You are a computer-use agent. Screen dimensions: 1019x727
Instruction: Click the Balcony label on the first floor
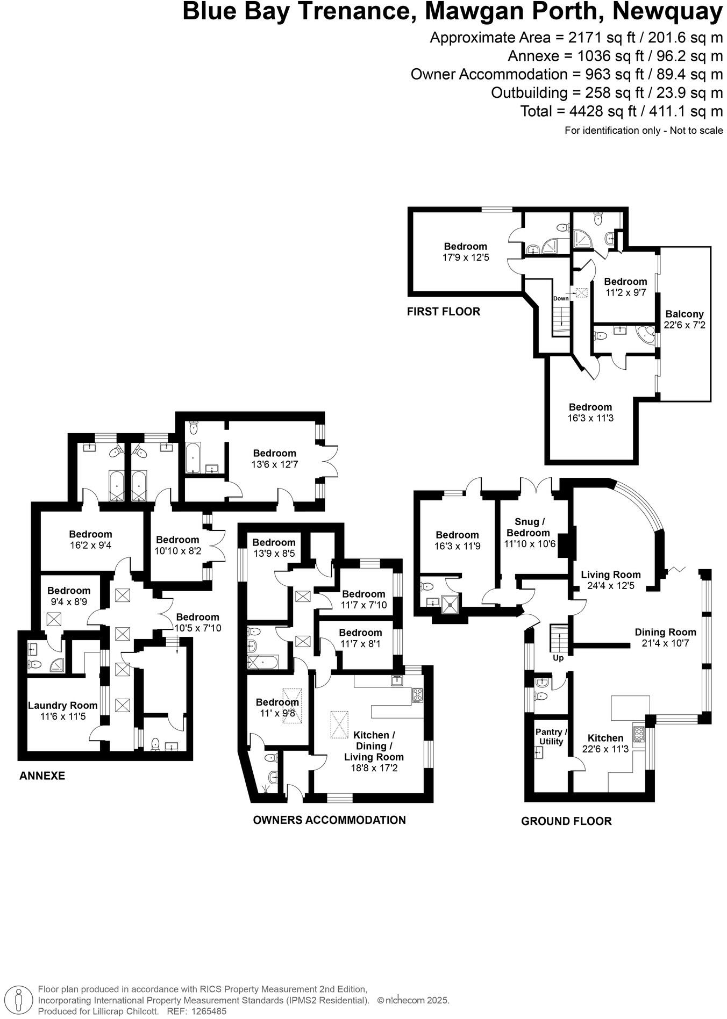pyautogui.click(x=684, y=314)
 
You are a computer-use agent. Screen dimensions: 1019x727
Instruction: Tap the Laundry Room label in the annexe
pyautogui.click(x=62, y=705)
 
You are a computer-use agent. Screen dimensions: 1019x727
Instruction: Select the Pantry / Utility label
pyautogui.click(x=551, y=736)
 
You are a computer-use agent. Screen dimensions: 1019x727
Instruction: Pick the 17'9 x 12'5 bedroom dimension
pyautogui.click(x=465, y=257)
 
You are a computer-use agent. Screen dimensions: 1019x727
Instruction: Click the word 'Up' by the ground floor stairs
pyautogui.click(x=558, y=658)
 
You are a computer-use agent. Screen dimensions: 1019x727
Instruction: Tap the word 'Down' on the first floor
pyautogui.click(x=561, y=298)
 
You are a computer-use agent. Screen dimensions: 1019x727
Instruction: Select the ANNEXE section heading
pyautogui.click(x=42, y=776)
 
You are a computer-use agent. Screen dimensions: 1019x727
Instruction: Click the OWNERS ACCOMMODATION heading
pyautogui.click(x=329, y=820)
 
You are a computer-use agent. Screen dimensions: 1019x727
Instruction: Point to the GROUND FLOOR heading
pyautogui.click(x=566, y=821)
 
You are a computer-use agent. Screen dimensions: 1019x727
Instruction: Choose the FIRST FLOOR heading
pyautogui.click(x=443, y=311)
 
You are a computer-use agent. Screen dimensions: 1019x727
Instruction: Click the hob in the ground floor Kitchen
pyautogui.click(x=639, y=734)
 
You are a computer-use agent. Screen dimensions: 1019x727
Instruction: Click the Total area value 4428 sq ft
pyautogui.click(x=588, y=111)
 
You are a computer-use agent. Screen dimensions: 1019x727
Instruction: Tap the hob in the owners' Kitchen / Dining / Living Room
pyautogui.click(x=417, y=695)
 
